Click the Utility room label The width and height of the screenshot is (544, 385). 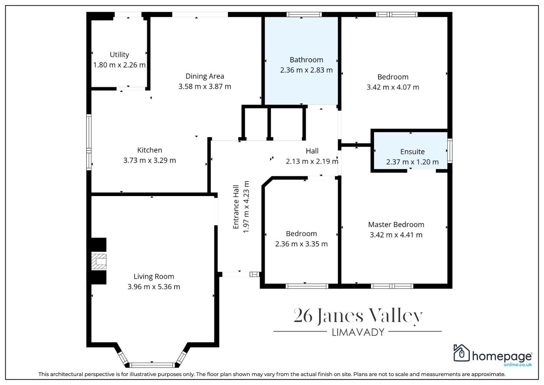[119, 55]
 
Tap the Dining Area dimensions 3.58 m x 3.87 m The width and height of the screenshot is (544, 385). [205, 87]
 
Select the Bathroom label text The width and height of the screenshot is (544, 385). [306, 60]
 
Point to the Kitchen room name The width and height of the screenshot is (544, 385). [150, 150]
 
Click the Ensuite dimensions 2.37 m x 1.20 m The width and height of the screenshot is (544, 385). [413, 162]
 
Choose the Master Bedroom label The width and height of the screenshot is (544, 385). [396, 225]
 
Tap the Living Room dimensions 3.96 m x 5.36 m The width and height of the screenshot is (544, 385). [154, 287]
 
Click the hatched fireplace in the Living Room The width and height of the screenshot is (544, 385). [99, 262]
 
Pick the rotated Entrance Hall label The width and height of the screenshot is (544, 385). [236, 207]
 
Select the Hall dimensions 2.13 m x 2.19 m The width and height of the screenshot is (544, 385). [312, 161]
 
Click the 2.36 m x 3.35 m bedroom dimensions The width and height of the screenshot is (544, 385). [301, 244]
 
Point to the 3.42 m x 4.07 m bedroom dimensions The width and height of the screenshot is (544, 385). [393, 87]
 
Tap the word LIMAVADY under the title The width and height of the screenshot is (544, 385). [358, 332]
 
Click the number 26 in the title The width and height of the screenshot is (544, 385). [303, 316]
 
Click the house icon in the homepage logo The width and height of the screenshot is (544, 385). [461, 353]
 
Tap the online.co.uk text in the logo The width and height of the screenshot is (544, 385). [518, 365]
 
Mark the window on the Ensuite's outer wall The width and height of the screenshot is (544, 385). [450, 151]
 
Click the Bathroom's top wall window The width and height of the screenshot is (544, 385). [304, 14]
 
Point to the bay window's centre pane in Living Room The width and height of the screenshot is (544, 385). [152, 365]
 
